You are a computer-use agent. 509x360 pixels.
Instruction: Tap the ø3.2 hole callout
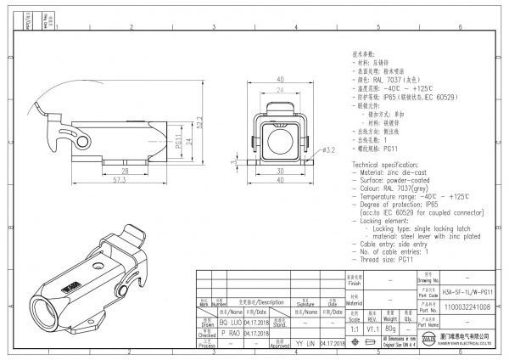pos(333,150)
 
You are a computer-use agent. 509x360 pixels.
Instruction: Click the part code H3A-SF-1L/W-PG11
pos(467,291)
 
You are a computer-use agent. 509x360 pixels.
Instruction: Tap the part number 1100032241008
pos(467,308)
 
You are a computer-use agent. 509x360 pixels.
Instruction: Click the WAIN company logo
pos(428,340)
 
